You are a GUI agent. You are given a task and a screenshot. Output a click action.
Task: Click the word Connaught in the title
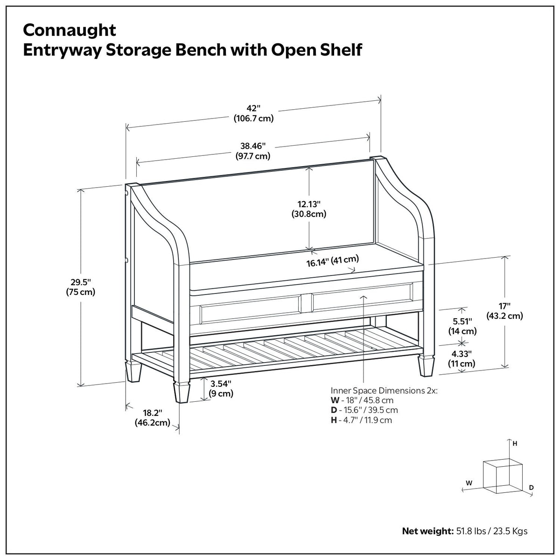(70, 30)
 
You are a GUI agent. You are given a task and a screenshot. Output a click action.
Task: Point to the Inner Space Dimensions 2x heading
(384, 391)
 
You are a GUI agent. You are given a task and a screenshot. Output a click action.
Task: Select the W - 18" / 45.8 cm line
(362, 400)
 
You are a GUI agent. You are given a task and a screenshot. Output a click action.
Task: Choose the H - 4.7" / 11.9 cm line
(361, 420)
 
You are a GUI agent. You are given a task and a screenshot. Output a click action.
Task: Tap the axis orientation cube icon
(496, 475)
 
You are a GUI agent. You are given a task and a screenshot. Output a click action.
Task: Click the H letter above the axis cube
(515, 444)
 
